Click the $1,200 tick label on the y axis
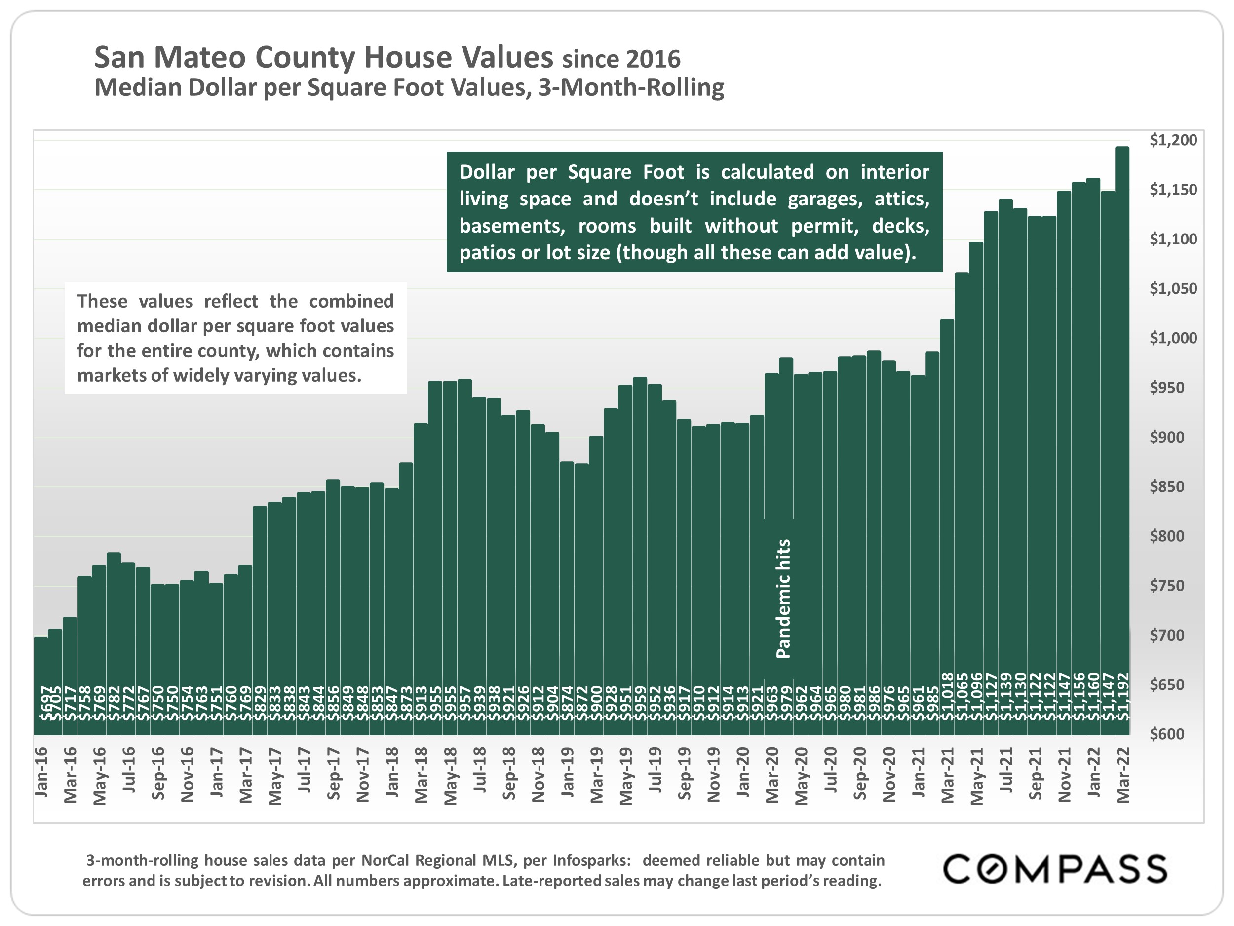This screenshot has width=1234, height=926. [1173, 140]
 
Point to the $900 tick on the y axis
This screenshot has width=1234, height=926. [1167, 437]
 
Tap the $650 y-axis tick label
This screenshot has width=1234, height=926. [1167, 684]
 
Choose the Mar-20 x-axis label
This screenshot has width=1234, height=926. [771, 775]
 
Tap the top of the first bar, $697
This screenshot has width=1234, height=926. [41, 638]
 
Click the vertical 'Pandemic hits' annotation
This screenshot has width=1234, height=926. [783, 599]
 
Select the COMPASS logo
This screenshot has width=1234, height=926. [1054, 869]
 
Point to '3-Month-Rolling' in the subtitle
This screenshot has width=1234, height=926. [631, 87]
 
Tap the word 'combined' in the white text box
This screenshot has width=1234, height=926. [351, 301]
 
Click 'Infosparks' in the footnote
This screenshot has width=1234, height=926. [591, 860]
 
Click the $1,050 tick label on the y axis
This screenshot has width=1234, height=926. [1173, 288]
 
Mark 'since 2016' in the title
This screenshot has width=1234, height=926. [621, 59]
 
